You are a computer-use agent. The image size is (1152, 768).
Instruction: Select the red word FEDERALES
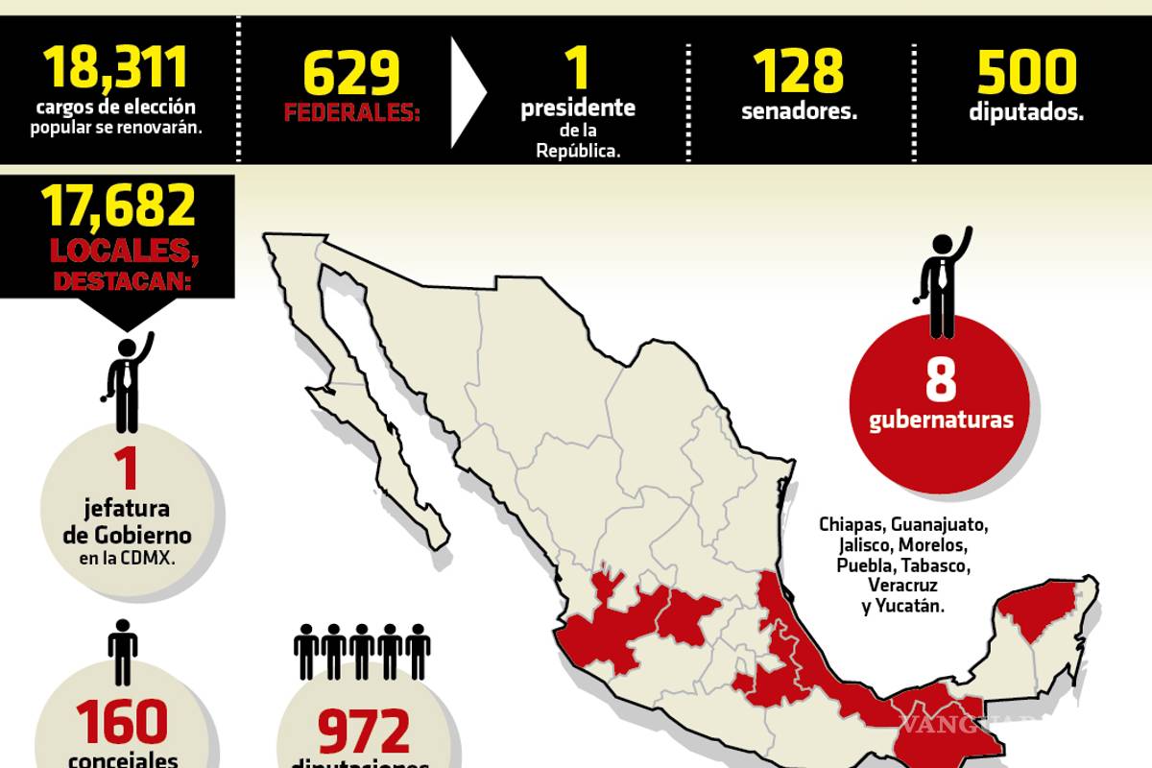point(350,114)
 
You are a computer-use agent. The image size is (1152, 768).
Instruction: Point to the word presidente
point(578,108)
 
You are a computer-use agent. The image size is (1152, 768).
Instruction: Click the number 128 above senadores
point(798,72)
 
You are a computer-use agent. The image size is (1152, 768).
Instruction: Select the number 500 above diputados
point(1026,72)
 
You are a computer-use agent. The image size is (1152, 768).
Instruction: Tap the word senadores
point(799,111)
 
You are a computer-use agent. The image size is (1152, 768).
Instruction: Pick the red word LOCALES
point(118,252)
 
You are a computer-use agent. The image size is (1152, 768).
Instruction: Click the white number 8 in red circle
point(941,379)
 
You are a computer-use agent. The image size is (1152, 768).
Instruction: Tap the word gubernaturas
point(941,420)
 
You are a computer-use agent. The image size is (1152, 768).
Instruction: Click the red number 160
point(123,723)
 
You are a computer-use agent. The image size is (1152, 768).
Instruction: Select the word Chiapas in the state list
point(851,525)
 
